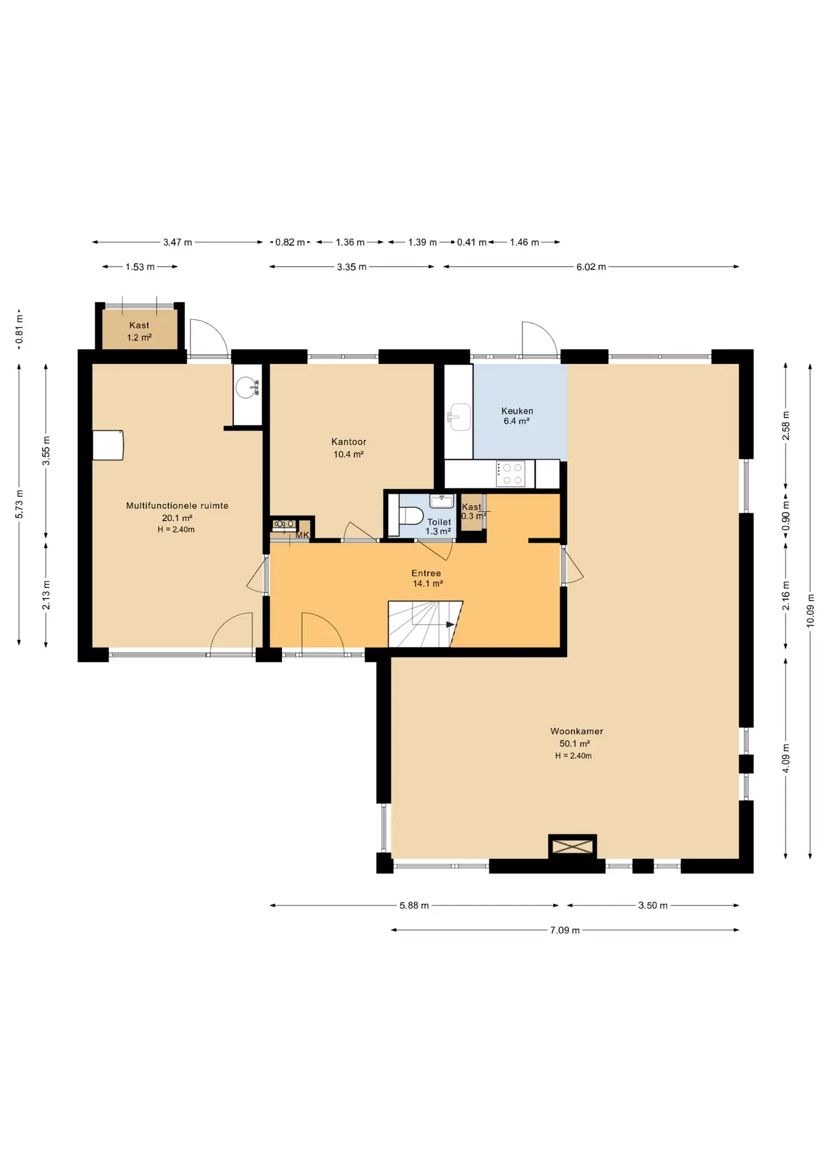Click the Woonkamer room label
click(576, 731)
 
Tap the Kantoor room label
click(349, 441)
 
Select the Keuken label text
click(517, 411)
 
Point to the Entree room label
click(426, 573)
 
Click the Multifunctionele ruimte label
click(177, 505)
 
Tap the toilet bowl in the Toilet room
click(411, 516)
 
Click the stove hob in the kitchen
click(511, 474)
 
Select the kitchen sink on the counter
click(458, 417)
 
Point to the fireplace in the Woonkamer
click(573, 847)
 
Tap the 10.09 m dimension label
click(810, 610)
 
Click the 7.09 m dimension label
click(565, 930)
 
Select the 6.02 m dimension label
click(591, 267)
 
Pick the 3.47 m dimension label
click(177, 242)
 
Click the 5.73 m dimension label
click(19, 504)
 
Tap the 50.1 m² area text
click(574, 743)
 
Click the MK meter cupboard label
click(302, 535)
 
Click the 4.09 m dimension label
click(786, 758)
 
